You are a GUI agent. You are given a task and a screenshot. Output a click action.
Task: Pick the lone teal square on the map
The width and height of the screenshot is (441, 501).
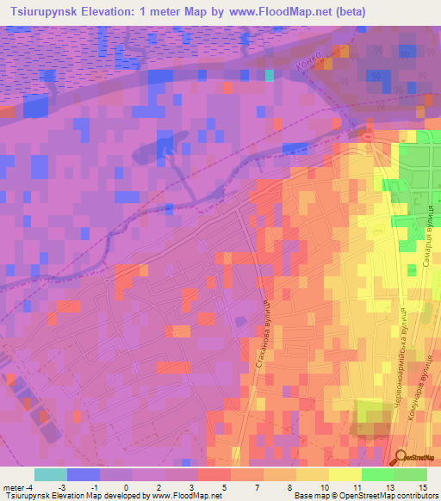tap(270, 75)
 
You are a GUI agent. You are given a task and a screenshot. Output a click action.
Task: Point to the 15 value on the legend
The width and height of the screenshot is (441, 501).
tap(422, 486)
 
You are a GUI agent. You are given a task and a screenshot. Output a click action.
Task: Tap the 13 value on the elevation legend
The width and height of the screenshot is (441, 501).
tap(389, 486)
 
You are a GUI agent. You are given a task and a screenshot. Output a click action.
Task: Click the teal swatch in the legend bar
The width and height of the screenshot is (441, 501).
tap(50, 474)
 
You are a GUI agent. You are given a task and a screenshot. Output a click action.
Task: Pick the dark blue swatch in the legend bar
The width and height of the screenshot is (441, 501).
tap(83, 474)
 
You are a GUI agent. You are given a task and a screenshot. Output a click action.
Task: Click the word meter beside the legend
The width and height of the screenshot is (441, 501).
tap(13, 486)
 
